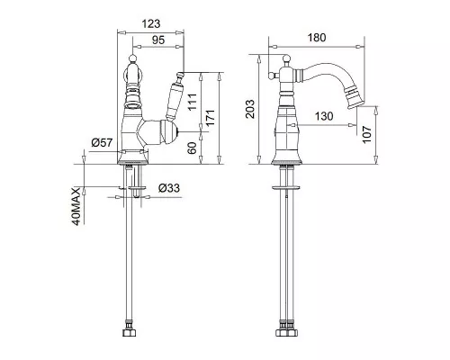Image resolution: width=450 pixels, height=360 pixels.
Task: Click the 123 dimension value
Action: (151, 23)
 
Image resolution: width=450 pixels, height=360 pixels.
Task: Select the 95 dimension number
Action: (158, 40)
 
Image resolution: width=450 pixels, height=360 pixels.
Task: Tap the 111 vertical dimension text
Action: (193, 102)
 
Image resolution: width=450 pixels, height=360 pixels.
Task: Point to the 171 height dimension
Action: (211, 118)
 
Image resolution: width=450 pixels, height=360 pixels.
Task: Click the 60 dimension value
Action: (192, 148)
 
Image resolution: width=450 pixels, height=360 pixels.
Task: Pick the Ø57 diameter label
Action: (102, 142)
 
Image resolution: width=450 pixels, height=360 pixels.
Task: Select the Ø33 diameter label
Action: (169, 188)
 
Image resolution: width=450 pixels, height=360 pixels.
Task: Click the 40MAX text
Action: (76, 206)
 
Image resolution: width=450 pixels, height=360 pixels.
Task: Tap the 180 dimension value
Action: (317, 38)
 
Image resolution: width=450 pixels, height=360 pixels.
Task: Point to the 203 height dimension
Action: (249, 109)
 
